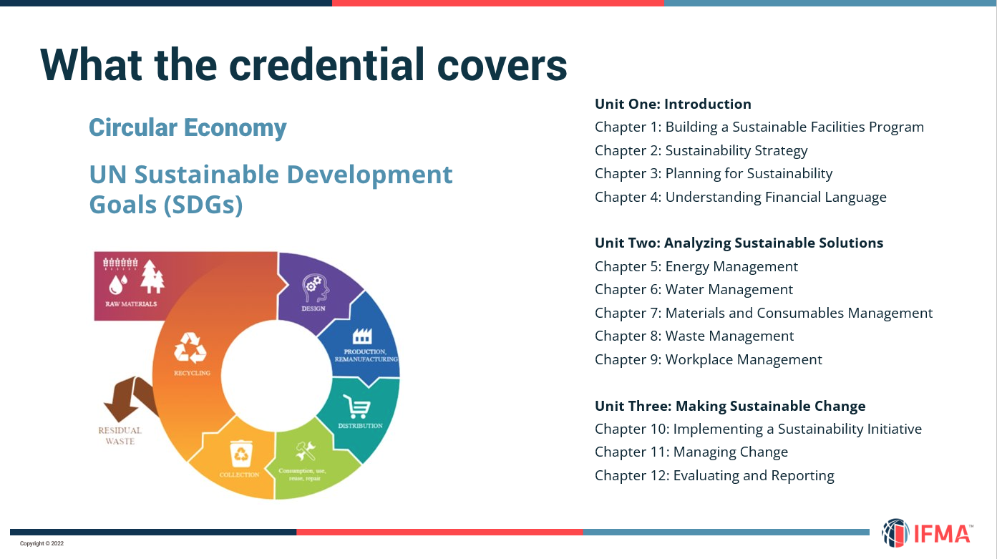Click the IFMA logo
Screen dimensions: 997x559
click(927, 533)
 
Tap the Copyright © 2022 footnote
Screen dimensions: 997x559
click(42, 543)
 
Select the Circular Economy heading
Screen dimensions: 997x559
click(188, 127)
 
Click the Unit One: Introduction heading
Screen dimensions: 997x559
click(673, 104)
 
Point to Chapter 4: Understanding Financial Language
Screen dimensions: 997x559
click(741, 197)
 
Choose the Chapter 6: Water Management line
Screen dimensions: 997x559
click(694, 289)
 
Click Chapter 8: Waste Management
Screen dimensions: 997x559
click(694, 336)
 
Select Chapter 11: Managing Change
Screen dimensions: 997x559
click(691, 452)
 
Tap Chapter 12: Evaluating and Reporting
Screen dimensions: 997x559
click(714, 475)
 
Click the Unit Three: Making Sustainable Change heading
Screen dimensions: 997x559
click(730, 406)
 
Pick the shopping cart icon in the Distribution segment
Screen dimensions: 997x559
click(356, 407)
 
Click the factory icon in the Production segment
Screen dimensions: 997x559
click(362, 336)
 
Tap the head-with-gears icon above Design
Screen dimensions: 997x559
click(316, 288)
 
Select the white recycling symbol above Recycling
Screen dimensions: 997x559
click(190, 347)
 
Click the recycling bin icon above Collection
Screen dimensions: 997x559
click(241, 454)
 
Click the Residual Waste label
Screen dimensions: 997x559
click(120, 436)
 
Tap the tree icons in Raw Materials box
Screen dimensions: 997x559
click(152, 276)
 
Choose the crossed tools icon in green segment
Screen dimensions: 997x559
click(306, 452)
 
